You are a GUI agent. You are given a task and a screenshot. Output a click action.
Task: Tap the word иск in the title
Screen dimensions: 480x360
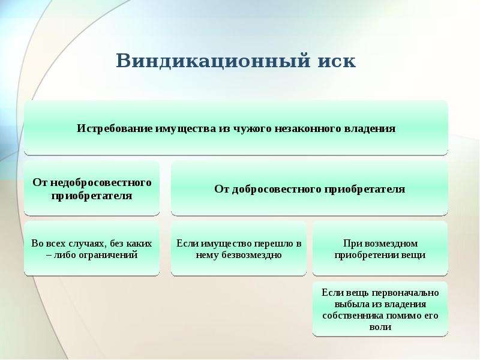[337, 62]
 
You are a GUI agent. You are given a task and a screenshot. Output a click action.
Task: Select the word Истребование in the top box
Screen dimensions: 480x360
[115, 128]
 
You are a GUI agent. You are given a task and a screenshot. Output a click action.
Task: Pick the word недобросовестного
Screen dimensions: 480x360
[101, 182]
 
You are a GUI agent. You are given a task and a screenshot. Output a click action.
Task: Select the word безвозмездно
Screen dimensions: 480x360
[252, 254]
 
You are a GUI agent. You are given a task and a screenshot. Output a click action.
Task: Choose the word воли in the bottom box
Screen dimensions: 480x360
[380, 327]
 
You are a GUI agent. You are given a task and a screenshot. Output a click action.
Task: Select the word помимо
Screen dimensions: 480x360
[404, 316]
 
